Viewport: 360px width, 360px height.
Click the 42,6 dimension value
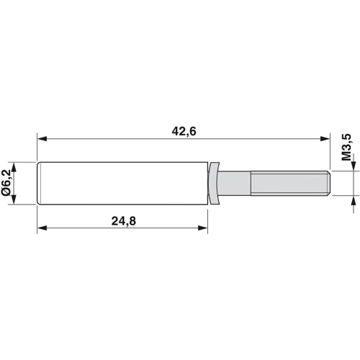pyautogui.click(x=184, y=132)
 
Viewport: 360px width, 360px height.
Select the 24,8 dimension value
pyautogui.click(x=124, y=221)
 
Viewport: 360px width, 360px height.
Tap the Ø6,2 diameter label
pyautogui.click(x=6, y=184)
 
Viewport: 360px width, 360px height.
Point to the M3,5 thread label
pyautogui.click(x=346, y=147)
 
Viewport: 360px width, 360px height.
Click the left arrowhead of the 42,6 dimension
pyautogui.click(x=42, y=138)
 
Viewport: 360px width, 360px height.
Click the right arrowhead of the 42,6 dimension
pyautogui.click(x=325, y=138)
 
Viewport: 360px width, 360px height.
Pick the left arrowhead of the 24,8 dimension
pyautogui.click(x=42, y=228)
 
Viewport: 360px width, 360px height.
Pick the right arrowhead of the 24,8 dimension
pyautogui.click(x=203, y=228)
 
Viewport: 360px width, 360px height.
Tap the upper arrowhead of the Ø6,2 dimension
pyautogui.click(x=14, y=167)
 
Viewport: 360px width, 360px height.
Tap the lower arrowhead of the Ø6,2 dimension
pyautogui.click(x=14, y=199)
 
